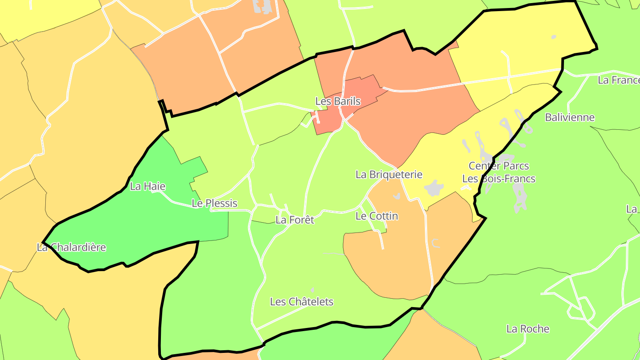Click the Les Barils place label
(338, 101)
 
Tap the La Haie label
(148, 186)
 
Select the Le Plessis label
(214, 203)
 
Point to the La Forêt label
(295, 220)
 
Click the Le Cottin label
(377, 216)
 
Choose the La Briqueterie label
(389, 175)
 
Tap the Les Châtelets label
(302, 302)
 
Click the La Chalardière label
(72, 247)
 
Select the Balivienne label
(570, 117)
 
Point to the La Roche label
(528, 329)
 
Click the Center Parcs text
(499, 166)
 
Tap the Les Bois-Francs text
(499, 179)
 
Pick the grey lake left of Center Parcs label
(434, 188)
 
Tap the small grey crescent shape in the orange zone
(436, 243)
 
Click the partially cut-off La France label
(618, 80)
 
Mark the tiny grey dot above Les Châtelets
(312, 290)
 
